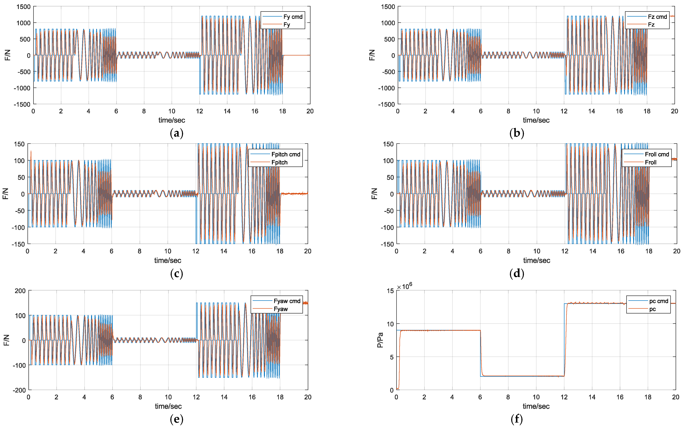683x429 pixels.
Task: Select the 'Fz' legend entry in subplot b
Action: pyautogui.click(x=651, y=25)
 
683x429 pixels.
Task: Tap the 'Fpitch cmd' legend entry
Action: pyautogui.click(x=286, y=154)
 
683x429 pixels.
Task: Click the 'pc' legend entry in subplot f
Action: pyautogui.click(x=652, y=309)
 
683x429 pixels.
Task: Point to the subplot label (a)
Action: pyautogui.click(x=177, y=133)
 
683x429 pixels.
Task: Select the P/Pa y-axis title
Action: pyautogui.click(x=380, y=340)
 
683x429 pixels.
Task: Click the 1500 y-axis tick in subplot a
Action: pyautogui.click(x=23, y=7)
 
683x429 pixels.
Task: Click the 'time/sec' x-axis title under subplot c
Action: pyautogui.click(x=168, y=260)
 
